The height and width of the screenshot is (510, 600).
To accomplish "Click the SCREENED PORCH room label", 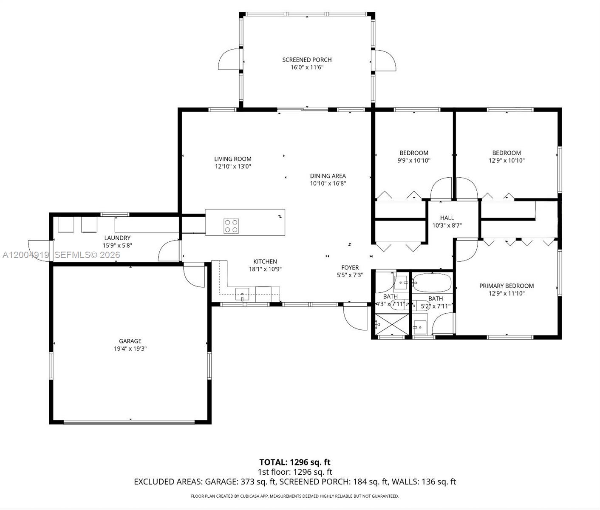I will point(307,59).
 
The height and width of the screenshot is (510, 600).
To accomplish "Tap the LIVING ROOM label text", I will point(232,159).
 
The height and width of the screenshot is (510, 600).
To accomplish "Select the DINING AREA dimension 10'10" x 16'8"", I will point(328,184).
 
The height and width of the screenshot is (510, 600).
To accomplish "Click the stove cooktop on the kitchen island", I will point(231,226).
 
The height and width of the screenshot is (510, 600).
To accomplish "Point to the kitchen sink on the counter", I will point(242,294).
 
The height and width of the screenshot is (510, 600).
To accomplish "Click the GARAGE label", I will point(130,341).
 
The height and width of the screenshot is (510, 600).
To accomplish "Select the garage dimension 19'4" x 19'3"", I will point(130,349).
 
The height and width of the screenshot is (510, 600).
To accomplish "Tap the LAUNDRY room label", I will point(117,238).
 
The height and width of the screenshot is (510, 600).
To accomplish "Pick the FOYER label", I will point(350,267).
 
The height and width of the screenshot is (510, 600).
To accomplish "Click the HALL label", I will point(447,218).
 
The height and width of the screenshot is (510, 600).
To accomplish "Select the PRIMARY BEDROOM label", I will point(507,286).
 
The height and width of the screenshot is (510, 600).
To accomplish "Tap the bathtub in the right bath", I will point(432,281).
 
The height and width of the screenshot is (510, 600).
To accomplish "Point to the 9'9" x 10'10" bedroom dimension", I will point(414,161).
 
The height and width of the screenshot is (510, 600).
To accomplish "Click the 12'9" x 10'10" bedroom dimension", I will point(507,161).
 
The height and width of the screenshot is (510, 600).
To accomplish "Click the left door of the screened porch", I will point(230,60).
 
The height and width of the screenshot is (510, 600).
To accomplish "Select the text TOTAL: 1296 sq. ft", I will point(294,462).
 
